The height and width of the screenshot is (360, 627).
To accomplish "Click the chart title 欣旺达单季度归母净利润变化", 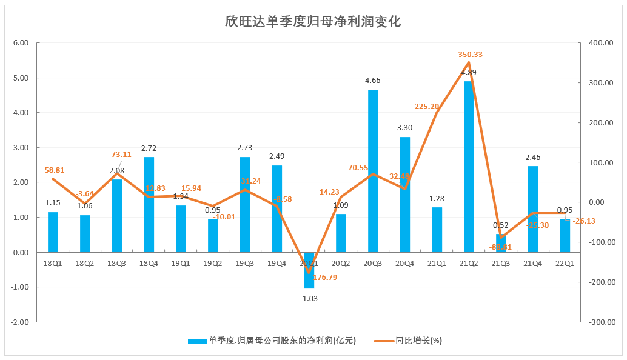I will (313, 22).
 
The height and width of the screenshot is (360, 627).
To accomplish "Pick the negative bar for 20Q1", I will (309, 270).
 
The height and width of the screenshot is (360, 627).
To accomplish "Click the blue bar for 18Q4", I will (149, 204).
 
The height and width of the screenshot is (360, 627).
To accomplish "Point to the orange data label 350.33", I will (470, 55).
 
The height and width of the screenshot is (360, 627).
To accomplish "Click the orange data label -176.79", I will (323, 278).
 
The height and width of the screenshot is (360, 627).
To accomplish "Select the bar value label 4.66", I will (373, 81).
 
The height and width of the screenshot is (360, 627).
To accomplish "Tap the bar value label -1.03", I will (309, 298).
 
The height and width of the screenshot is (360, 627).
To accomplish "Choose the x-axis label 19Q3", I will (244, 264).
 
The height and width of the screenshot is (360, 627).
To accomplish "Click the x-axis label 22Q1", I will (565, 264).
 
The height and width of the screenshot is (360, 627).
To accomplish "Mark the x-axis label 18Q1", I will (53, 264).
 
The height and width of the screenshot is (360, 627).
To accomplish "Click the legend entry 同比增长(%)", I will (418, 341).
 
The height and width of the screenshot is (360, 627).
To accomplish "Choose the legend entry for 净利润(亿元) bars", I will (282, 341).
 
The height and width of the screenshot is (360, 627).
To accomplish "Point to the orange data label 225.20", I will (427, 107).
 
